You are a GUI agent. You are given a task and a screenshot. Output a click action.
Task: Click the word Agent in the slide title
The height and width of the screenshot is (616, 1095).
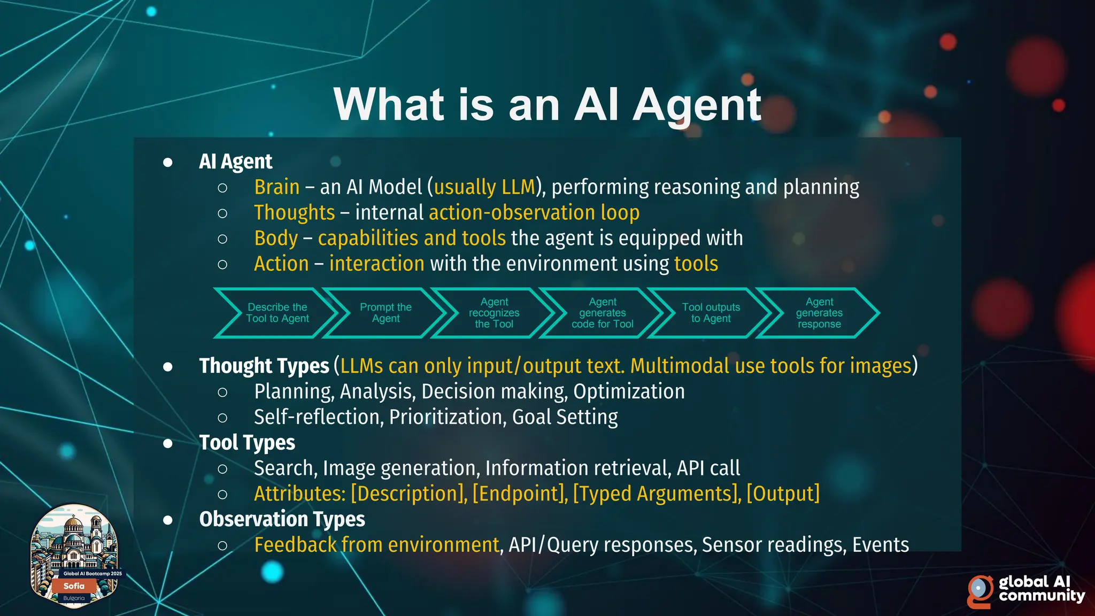coord(697,105)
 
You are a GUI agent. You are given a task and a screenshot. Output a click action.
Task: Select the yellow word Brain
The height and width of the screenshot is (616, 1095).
coord(276,187)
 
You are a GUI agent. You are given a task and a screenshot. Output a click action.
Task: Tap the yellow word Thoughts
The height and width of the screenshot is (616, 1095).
coord(294,213)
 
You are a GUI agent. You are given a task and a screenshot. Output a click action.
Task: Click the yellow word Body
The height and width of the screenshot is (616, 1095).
coord(276,238)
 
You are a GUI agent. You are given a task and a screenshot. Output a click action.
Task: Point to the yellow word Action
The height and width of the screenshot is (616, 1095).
coord(281,264)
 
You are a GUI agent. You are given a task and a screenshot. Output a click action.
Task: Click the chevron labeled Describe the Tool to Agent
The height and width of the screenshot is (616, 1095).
coord(277,313)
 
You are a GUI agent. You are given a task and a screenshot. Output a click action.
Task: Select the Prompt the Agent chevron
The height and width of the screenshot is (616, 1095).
coord(385,313)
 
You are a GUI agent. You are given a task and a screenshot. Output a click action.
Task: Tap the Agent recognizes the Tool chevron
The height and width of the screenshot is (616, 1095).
coord(494,313)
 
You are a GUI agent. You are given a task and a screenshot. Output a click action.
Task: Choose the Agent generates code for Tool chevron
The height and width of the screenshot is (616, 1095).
coord(603,313)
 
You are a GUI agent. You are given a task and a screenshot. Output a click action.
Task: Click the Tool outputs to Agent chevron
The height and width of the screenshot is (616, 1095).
coord(711,313)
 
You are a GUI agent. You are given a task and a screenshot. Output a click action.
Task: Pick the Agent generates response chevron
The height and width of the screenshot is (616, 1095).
coord(819,313)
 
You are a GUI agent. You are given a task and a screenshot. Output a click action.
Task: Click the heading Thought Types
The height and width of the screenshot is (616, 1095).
coord(264,366)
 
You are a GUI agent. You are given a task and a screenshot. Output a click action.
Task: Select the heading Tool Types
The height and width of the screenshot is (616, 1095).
coord(247,443)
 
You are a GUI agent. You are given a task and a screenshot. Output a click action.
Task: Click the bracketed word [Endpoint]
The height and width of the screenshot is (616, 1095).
coord(520,494)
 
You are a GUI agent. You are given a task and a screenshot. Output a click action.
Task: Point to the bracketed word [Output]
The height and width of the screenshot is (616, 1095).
coord(783,494)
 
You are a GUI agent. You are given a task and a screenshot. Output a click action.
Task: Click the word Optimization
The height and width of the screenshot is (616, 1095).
coord(629,391)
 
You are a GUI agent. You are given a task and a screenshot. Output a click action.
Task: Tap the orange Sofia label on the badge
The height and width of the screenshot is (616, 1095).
coord(74,586)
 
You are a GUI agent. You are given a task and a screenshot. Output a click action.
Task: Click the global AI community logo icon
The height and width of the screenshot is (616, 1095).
coord(980,590)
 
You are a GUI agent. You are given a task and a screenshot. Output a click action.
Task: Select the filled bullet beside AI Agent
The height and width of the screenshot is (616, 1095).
coord(168,162)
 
